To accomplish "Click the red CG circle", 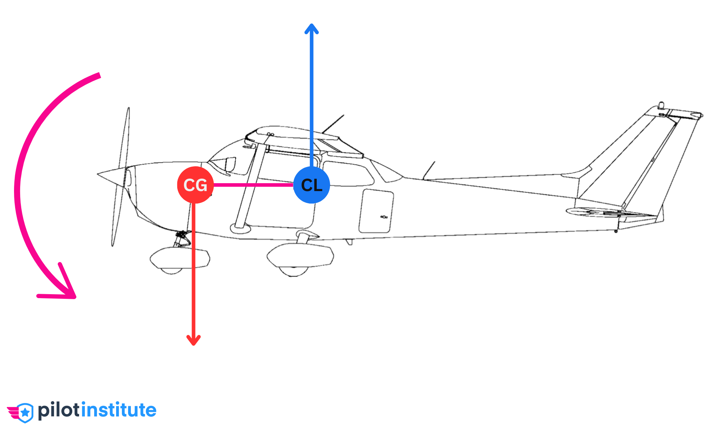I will tap(195, 185).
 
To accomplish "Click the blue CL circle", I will tap(311, 185).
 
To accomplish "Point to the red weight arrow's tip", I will tap(193, 344).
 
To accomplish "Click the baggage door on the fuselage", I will tap(376, 211).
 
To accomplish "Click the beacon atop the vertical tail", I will tap(661, 105).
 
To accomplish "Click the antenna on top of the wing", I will tap(334, 123).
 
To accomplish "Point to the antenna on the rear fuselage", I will tap(430, 170).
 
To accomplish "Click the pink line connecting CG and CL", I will tap(253, 185).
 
